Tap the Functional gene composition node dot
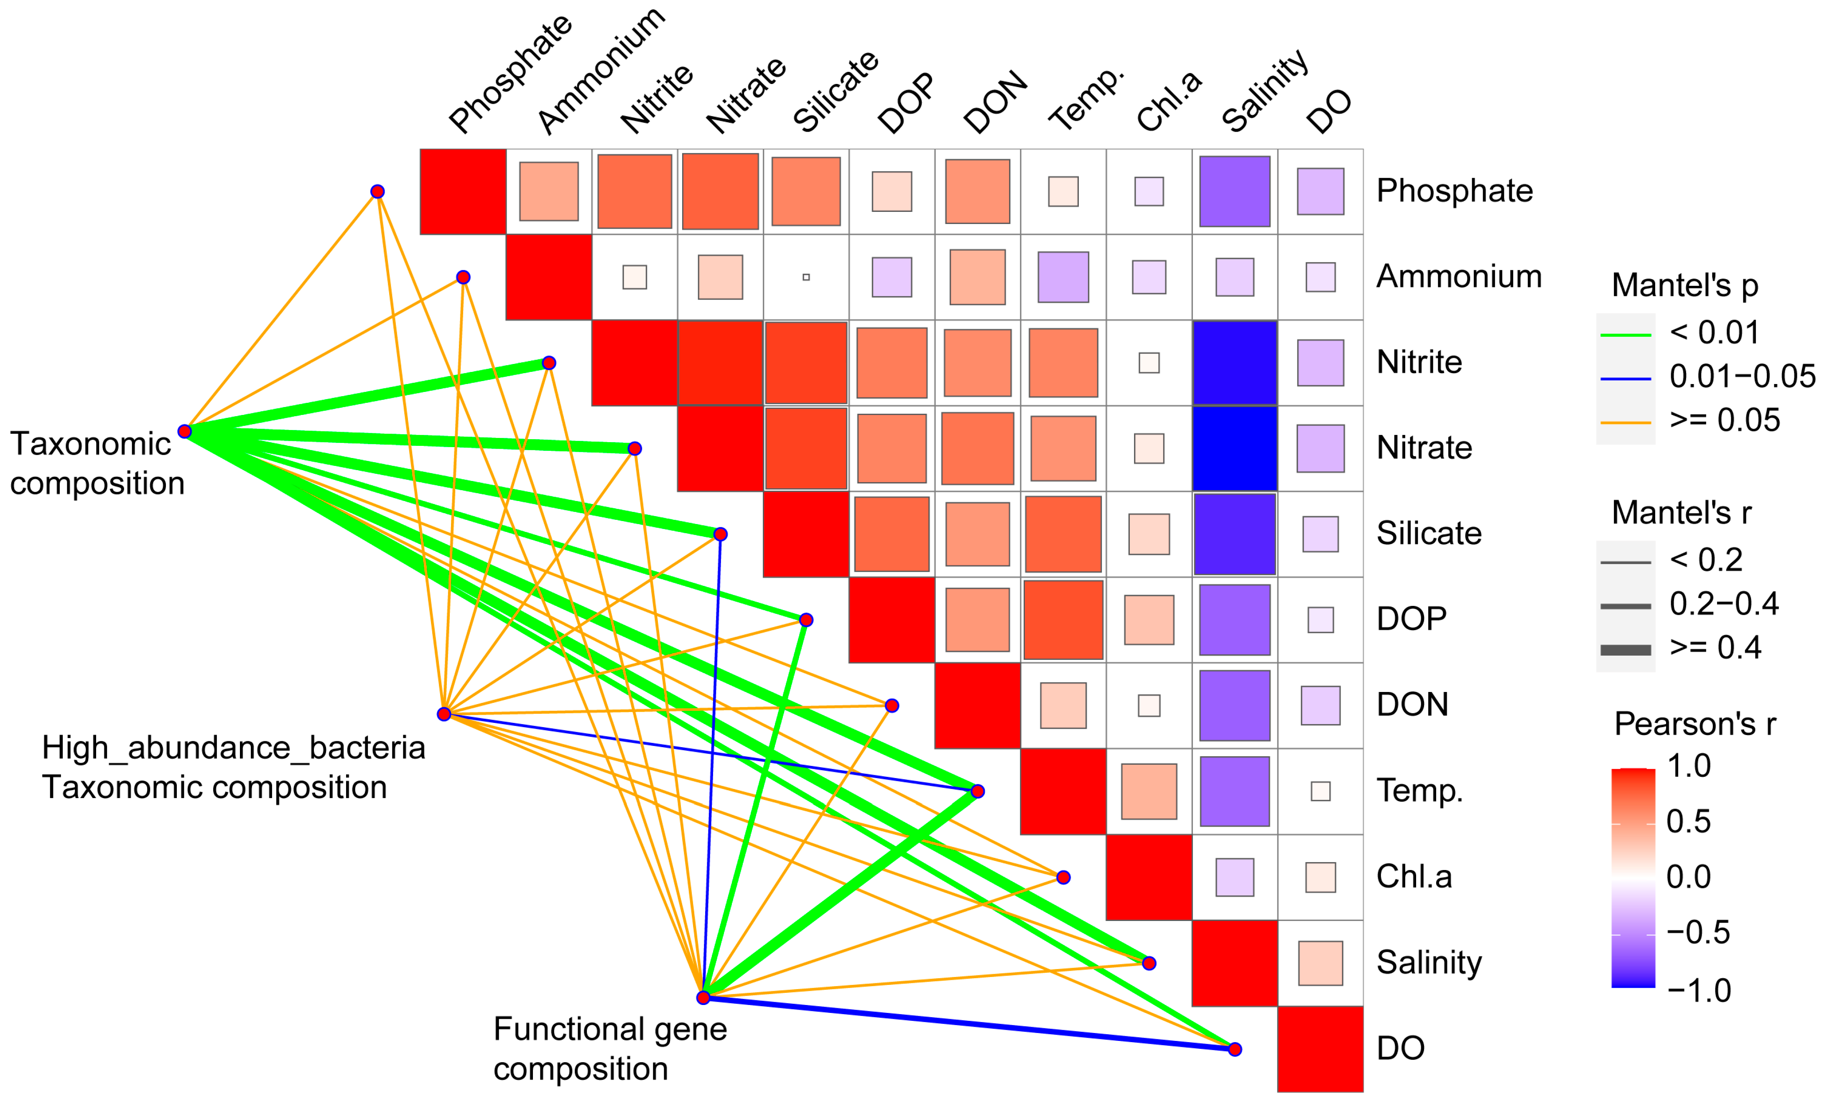coord(703,998)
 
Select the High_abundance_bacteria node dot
coord(443,714)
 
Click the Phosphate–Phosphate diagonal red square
coord(463,191)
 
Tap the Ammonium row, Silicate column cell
coord(806,277)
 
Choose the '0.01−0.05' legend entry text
coord(1741,377)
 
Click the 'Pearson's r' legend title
coord(1695,724)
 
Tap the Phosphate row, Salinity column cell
coord(1234,191)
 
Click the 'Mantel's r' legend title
coord(1682,513)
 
